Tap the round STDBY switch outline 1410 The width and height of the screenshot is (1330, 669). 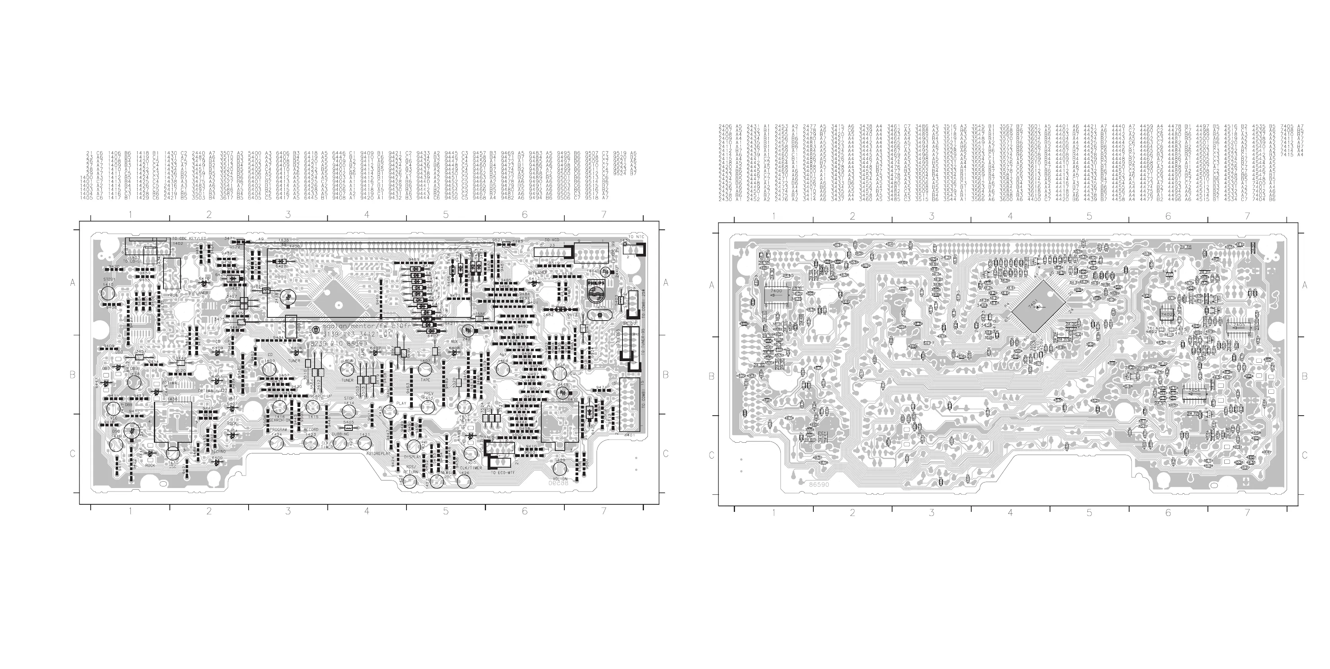[108, 294]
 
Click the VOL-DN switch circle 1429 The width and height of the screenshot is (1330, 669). [560, 468]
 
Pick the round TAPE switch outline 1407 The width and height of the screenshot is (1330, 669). [425, 369]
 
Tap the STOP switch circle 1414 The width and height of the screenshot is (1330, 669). [348, 411]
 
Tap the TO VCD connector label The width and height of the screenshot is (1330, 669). [551, 240]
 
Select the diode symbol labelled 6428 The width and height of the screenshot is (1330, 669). [281, 262]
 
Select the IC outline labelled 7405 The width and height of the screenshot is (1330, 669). [1238, 326]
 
